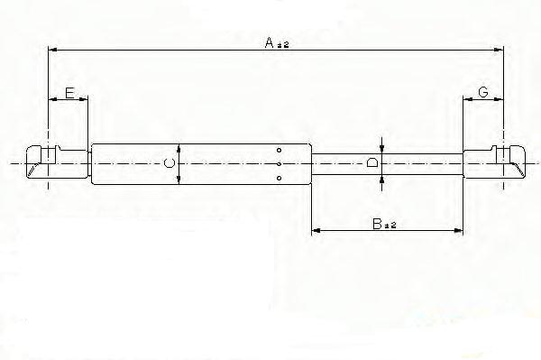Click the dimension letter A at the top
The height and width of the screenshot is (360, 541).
269,42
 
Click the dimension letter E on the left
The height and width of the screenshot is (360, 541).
69,93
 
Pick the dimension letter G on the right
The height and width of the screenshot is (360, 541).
483,93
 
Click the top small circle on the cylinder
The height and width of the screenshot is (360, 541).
280,150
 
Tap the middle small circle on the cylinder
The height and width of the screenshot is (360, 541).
280,163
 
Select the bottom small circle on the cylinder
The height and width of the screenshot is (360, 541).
280,178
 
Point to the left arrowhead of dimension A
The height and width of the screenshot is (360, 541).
52,51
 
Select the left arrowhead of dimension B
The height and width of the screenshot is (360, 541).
316,232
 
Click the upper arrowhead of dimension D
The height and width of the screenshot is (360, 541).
383,149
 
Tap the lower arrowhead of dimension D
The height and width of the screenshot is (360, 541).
383,178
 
